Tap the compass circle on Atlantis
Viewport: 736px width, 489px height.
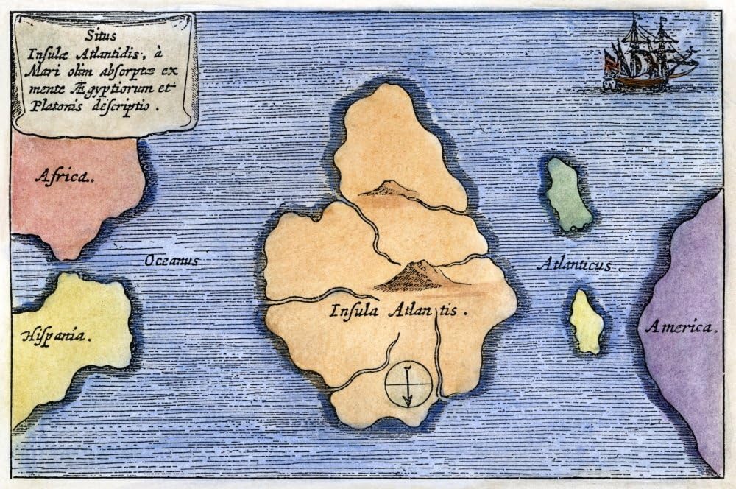point(408,384)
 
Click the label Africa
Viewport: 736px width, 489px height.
point(65,176)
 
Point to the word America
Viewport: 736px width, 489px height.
point(681,326)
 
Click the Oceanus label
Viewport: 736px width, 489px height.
point(172,260)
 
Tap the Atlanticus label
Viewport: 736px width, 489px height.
point(574,265)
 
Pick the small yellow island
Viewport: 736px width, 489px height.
point(587,322)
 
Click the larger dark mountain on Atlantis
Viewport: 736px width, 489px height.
point(417,276)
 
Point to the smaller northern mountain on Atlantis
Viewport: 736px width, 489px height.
point(388,189)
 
